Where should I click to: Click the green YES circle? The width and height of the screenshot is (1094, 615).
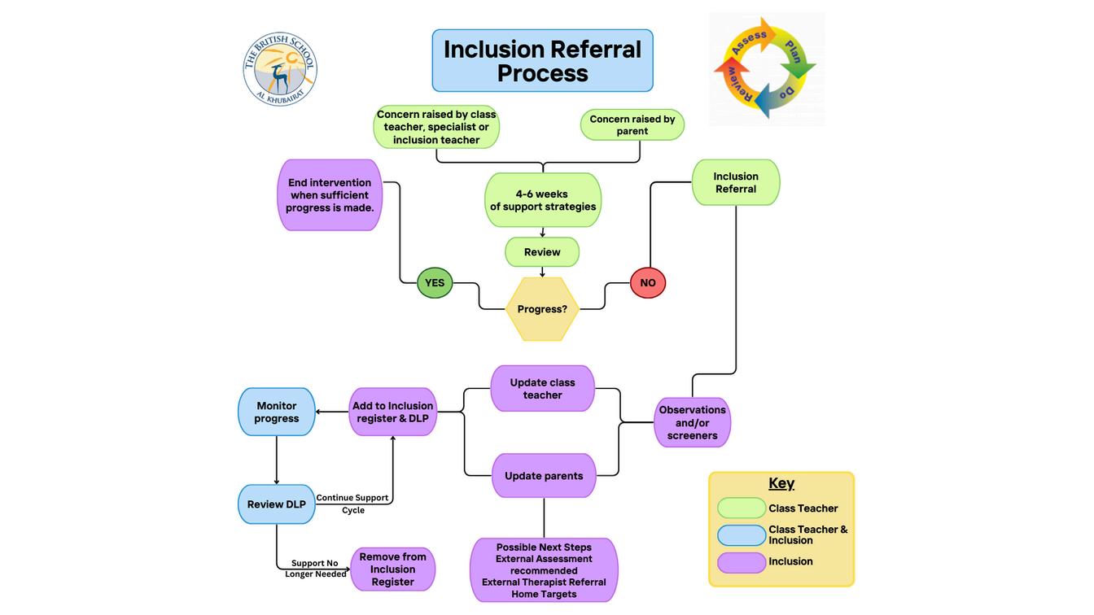tap(435, 282)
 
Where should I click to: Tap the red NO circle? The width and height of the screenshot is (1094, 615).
tap(648, 282)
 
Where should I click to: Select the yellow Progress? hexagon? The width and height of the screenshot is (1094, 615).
tap(542, 309)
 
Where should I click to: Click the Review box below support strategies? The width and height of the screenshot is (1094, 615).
tap(542, 252)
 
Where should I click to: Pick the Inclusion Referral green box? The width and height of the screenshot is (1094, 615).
tap(736, 182)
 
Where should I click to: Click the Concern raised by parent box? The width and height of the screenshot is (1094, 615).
tap(632, 125)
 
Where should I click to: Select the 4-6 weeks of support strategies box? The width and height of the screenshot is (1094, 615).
tap(543, 200)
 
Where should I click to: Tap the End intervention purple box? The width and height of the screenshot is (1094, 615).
tap(330, 194)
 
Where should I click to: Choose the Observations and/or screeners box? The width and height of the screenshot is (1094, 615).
tap(692, 423)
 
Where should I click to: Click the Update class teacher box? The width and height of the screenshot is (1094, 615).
tap(542, 389)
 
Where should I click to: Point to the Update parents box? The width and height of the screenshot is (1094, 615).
tap(544, 476)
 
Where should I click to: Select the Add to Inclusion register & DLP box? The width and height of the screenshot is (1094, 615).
tap(392, 412)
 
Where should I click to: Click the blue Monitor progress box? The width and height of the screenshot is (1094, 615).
tap(277, 412)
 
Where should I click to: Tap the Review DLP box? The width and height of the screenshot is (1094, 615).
tap(277, 504)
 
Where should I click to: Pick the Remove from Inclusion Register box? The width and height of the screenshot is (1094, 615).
tap(392, 569)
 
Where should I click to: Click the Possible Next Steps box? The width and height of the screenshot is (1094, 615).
tap(544, 570)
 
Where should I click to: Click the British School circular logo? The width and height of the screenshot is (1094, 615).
tap(280, 69)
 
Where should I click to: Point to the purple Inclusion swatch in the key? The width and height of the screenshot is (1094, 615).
tap(742, 562)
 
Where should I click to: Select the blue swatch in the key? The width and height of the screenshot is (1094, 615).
tap(742, 535)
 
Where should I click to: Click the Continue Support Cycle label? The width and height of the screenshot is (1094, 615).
tap(352, 504)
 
